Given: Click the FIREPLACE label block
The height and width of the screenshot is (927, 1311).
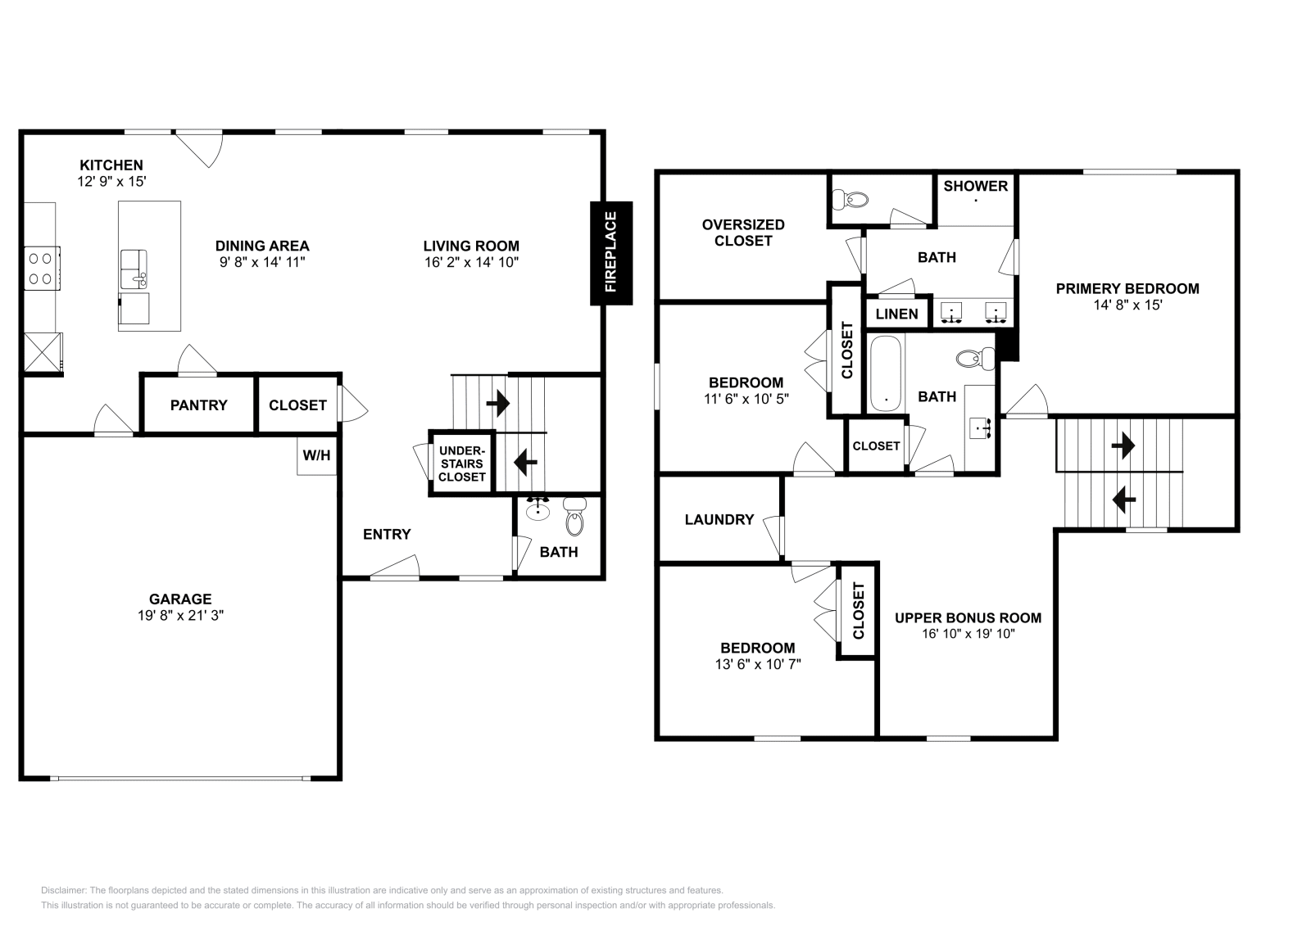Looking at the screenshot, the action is click(611, 253).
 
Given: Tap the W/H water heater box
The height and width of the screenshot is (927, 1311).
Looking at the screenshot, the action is click(316, 455).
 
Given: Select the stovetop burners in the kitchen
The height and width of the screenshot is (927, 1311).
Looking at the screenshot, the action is click(41, 269).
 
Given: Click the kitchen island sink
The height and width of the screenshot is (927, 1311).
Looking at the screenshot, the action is click(134, 269).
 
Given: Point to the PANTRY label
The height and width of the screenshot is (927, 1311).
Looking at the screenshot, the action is click(199, 405).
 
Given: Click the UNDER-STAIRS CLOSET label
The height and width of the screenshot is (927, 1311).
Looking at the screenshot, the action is click(462, 463).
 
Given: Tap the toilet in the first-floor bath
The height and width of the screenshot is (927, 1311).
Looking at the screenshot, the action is click(576, 516).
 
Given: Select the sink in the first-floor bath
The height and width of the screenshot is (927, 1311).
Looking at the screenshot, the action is click(538, 509).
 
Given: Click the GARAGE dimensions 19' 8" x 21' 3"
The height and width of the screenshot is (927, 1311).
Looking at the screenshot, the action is click(181, 615).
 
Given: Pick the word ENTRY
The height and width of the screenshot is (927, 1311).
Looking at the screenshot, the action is click(387, 534).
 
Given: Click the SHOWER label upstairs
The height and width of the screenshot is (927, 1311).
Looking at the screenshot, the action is click(976, 186).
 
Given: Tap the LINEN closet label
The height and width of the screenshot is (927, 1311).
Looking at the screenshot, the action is click(896, 314).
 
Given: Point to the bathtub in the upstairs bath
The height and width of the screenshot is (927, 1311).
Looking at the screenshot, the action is click(886, 373).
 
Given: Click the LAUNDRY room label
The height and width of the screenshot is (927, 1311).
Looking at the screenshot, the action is click(719, 519).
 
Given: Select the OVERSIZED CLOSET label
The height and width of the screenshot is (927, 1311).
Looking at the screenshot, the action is click(743, 233).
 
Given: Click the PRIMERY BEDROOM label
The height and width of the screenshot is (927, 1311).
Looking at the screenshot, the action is click(1127, 288).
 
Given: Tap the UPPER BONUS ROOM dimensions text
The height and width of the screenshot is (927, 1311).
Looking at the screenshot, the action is click(968, 633).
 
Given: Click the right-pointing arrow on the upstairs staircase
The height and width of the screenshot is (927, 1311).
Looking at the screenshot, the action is click(1123, 446).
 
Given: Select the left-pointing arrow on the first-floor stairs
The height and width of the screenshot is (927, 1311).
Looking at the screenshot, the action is click(525, 463).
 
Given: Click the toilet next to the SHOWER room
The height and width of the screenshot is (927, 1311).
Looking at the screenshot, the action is click(851, 200).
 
